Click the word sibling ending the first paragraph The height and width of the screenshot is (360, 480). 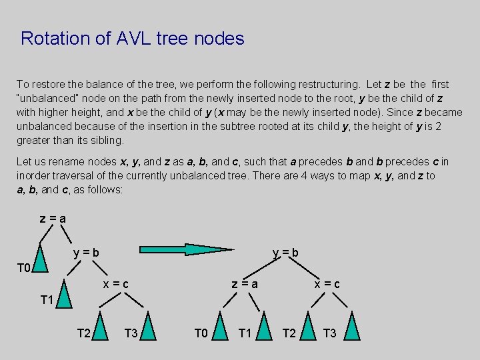[105, 141]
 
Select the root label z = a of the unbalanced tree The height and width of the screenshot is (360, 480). [53, 219]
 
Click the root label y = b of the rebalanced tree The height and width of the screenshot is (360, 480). [285, 253]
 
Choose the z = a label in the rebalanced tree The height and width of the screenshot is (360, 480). [245, 285]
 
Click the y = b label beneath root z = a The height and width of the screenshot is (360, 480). [87, 253]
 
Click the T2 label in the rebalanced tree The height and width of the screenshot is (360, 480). [289, 333]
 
